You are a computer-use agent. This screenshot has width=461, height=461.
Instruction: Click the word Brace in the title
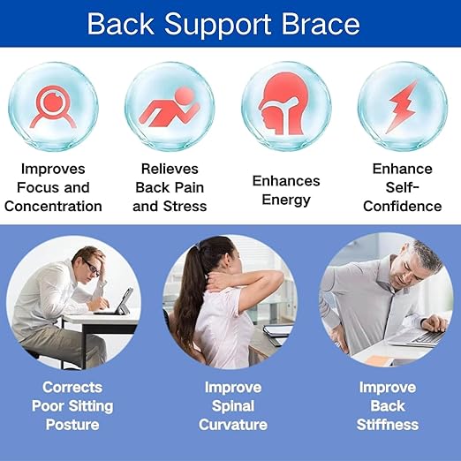tap(319, 23)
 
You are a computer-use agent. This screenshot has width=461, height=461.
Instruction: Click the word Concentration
tap(53, 207)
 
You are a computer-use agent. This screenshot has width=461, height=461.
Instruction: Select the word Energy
tap(286, 199)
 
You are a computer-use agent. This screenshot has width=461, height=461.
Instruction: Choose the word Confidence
tap(402, 207)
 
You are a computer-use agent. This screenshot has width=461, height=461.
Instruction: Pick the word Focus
tap(41, 187)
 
